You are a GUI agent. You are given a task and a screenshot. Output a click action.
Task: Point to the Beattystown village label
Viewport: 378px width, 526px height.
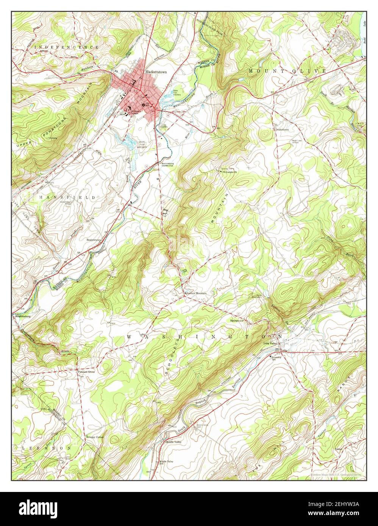[94, 240]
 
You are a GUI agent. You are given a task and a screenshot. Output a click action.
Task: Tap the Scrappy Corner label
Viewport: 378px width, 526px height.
[94, 437]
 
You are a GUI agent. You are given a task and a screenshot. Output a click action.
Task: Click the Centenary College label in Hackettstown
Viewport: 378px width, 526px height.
[135, 112]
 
